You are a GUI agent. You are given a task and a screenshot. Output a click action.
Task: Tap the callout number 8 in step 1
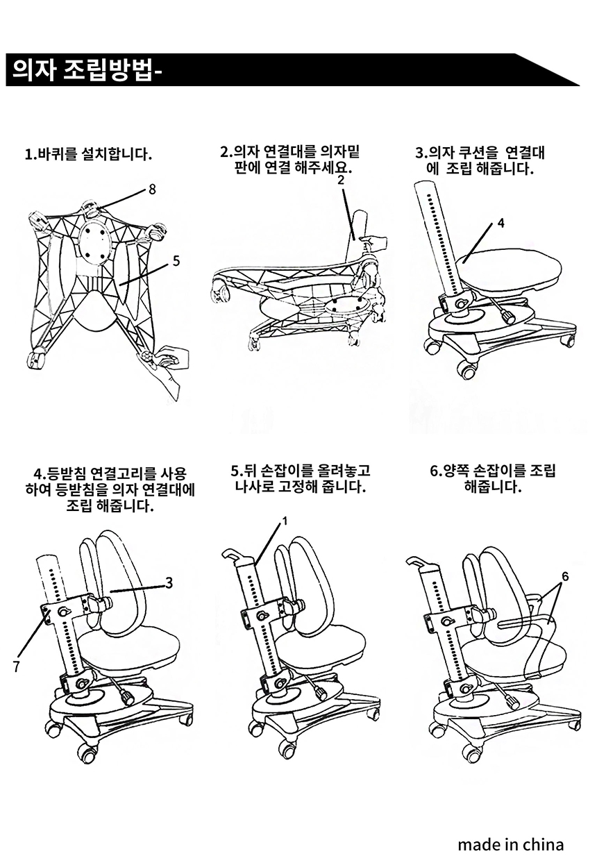pos(151,189)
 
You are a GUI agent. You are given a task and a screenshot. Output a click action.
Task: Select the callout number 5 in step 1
pos(176,261)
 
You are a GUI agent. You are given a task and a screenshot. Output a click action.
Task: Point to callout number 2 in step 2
pos(341,179)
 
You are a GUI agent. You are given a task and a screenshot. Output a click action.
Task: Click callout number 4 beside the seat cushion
pos(501,224)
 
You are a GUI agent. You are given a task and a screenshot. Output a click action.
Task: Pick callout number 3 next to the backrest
pos(169,582)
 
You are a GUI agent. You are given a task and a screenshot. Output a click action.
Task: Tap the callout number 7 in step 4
pos(15,666)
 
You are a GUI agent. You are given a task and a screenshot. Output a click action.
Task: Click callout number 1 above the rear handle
pos(285,520)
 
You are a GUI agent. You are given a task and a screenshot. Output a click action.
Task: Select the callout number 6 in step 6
pos(565,576)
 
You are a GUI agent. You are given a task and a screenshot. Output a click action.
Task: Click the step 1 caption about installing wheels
pos(88,153)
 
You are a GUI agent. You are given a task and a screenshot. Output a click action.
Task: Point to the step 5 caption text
pos(300,478)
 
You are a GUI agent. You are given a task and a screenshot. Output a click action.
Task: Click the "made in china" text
pos(510,844)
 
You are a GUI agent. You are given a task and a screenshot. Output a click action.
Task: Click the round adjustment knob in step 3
pos(508,318)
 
